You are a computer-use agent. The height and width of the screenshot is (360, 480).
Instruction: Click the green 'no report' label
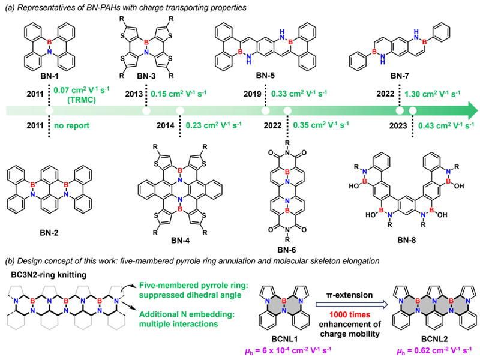(71, 125)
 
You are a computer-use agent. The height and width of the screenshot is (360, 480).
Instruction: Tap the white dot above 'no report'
(49, 110)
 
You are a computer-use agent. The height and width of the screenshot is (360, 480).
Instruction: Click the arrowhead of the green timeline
(473, 110)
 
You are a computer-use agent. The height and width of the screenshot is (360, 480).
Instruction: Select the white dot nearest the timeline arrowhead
(413, 110)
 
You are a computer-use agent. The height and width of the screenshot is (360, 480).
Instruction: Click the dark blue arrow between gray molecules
(352, 304)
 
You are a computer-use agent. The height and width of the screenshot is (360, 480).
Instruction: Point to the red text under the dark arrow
(350, 315)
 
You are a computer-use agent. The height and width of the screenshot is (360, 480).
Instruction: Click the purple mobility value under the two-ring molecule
(288, 350)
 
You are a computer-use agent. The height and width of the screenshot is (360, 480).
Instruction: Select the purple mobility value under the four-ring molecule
(434, 350)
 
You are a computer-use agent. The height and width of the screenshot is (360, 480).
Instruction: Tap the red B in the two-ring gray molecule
(284, 300)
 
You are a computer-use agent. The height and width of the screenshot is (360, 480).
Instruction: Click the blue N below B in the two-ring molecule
(284, 311)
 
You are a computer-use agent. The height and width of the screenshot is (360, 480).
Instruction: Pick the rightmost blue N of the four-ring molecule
(468, 301)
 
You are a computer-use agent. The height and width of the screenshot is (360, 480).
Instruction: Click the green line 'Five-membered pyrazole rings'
(193, 285)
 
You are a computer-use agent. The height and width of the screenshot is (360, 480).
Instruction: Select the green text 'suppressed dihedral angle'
(190, 295)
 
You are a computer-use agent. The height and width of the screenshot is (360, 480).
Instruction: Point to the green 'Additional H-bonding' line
(187, 314)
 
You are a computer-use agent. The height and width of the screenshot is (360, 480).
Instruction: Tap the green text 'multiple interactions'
(178, 324)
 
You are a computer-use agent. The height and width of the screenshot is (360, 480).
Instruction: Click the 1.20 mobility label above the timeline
(432, 94)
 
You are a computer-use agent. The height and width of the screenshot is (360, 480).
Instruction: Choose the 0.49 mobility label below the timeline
(446, 125)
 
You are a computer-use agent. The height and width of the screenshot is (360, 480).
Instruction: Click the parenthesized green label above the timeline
(82, 100)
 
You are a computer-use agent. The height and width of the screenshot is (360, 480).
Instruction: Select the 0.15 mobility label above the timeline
(178, 94)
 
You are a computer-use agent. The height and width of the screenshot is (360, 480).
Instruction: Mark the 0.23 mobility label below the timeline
(213, 125)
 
